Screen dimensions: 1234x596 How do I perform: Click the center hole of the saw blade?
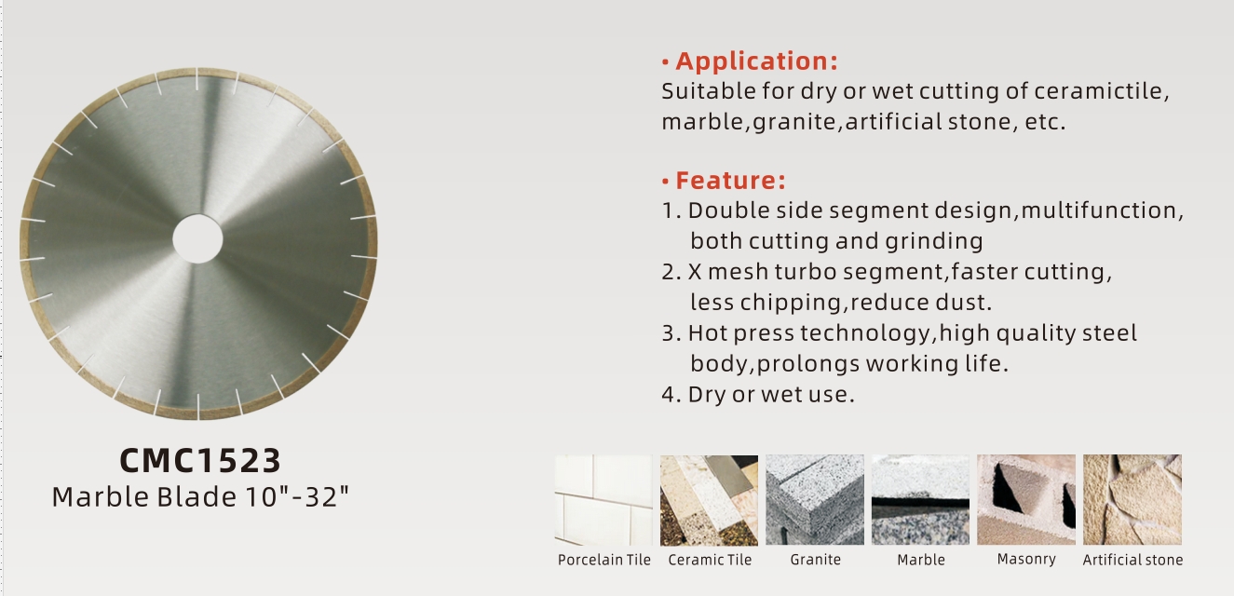(197, 238)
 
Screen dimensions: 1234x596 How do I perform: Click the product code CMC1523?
(200, 460)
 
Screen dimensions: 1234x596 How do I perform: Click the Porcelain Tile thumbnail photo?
(603, 499)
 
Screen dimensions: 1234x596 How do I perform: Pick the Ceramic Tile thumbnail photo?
(709, 499)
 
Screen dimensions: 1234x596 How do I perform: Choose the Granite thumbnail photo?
(815, 499)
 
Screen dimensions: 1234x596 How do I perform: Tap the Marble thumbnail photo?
(920, 499)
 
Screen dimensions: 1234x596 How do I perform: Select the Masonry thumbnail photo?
(1026, 499)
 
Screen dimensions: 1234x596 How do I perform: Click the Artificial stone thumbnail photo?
(1132, 499)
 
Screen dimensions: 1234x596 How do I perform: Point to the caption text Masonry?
(1026, 560)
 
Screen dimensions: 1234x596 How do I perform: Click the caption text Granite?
(815, 560)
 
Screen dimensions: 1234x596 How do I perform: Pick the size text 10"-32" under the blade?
(297, 496)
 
